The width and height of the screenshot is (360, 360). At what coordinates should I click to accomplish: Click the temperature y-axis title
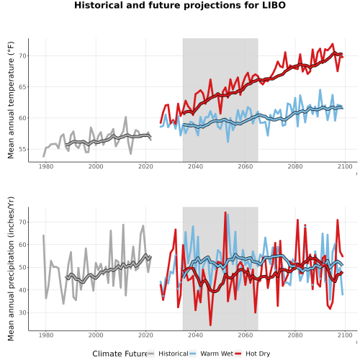(x=11, y=100)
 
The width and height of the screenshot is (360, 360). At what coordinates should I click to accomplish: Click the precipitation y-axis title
(x=11, y=269)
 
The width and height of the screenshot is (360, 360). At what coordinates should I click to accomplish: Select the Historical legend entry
(x=168, y=354)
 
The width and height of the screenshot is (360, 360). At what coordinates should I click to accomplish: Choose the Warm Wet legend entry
(x=211, y=354)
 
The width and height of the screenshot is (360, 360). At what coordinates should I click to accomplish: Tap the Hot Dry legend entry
(x=252, y=354)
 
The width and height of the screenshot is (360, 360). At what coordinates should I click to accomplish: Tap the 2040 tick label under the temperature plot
(x=195, y=166)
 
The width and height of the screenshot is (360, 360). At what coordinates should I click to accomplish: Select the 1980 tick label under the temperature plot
(x=46, y=166)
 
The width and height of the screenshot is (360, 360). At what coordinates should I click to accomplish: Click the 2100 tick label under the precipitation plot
(x=345, y=335)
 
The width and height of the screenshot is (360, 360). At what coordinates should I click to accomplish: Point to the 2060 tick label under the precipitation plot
(x=246, y=335)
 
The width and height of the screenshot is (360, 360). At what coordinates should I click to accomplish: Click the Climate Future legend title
(x=120, y=354)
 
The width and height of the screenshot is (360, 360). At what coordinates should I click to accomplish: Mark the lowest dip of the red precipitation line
(x=210, y=325)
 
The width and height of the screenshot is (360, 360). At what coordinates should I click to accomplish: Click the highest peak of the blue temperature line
(x=320, y=90)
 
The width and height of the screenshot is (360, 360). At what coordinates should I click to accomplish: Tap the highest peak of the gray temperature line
(x=125, y=117)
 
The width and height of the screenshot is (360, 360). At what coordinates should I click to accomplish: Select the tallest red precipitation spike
(x=225, y=212)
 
